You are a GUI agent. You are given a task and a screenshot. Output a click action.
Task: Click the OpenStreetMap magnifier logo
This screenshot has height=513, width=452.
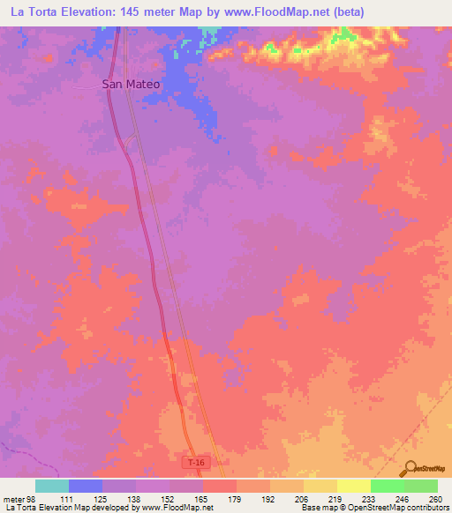pyautogui.click(x=411, y=467)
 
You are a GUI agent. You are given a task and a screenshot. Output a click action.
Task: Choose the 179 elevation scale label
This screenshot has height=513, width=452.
pyautogui.click(x=236, y=498)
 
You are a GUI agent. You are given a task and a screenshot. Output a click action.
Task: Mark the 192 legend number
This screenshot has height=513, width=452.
pyautogui.click(x=269, y=498)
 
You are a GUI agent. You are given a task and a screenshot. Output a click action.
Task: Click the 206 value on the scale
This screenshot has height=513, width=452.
pyautogui.click(x=303, y=498)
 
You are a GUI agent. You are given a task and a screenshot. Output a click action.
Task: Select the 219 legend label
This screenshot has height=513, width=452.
pyautogui.click(x=336, y=498)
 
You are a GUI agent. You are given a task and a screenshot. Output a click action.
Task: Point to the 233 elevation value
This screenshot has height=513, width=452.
pyautogui.click(x=370, y=498)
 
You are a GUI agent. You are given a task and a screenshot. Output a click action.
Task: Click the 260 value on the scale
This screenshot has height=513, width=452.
pyautogui.click(x=436, y=498)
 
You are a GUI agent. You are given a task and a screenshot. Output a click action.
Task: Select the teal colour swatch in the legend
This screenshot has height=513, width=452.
pyautogui.click(x=52, y=486)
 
